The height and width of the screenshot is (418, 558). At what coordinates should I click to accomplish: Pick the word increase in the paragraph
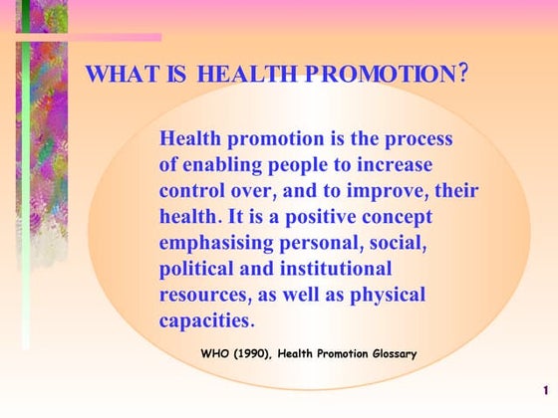(394, 164)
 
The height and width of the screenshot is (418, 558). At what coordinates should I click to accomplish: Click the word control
(193, 190)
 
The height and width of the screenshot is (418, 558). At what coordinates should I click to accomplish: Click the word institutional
(336, 268)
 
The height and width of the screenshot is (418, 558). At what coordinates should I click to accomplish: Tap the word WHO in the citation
(216, 354)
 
